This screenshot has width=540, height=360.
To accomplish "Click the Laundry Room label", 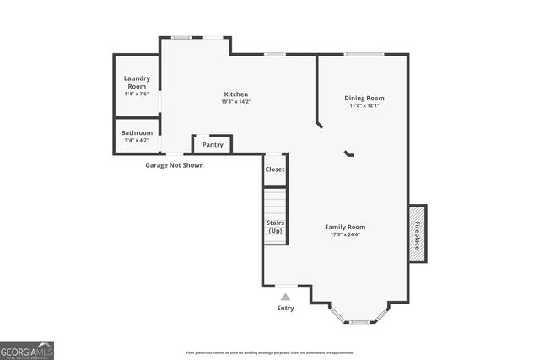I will [x=137, y=82].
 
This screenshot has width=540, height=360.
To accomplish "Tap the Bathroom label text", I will [x=137, y=132].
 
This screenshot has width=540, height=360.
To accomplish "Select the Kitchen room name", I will [x=235, y=94].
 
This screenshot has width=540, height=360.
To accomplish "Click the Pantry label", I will [x=213, y=144].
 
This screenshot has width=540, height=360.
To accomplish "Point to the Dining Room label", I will [x=364, y=98].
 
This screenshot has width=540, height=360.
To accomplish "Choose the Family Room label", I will [x=345, y=227].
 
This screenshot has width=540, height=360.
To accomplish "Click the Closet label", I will [x=275, y=169].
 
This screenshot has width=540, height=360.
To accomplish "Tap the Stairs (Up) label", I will [x=275, y=226].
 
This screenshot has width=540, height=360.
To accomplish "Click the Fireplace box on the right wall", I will [x=418, y=233].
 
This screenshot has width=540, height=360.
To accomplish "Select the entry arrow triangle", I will [x=286, y=297].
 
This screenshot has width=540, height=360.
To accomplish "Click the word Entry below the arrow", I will [x=286, y=309].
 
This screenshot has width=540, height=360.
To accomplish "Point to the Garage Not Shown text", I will [x=175, y=165].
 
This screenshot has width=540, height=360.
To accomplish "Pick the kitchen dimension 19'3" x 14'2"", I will [x=235, y=102].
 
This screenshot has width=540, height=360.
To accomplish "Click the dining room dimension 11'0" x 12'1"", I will [x=364, y=105].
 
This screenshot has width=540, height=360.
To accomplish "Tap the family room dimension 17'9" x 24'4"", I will [x=345, y=234].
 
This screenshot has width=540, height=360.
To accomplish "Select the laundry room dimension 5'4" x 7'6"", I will [x=137, y=94].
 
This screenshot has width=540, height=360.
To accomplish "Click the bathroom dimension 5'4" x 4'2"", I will [x=137, y=140].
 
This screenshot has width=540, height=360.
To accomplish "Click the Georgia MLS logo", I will [x=27, y=350].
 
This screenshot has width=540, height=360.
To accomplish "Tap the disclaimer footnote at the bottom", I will [x=270, y=352].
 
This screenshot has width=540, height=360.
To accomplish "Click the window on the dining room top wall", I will [x=364, y=54].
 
